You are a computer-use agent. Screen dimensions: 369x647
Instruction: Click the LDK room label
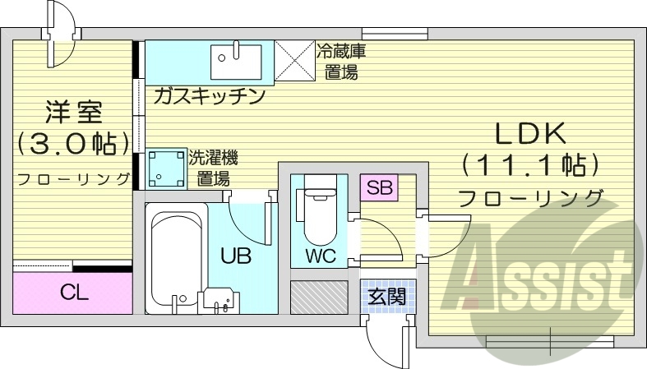pos(529,134)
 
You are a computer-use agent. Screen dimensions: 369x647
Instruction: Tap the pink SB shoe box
pos(379,187)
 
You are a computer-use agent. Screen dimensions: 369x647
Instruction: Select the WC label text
pos(321,255)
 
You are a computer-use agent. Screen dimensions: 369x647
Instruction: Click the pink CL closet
pos(73,292)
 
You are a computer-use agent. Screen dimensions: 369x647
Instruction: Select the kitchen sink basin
pos(236,58)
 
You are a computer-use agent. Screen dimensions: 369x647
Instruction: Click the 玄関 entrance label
pos(386,294)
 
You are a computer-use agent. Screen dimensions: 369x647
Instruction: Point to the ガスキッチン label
pos(208,96)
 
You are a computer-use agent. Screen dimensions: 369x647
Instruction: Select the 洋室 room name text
pos(72,113)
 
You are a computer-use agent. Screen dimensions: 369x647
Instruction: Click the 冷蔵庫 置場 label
pos(340,61)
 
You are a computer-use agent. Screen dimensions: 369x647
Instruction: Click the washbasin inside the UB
pos(220,300)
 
